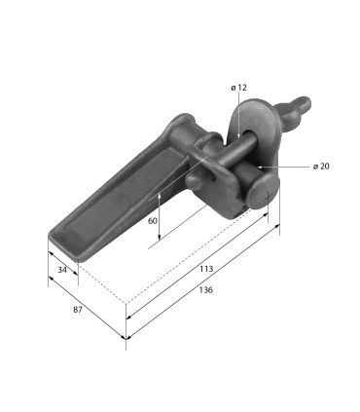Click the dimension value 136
coord(206,290)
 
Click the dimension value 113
coord(206,269)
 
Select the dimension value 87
coord(78,310)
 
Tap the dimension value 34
coord(62,270)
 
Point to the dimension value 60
coord(153,221)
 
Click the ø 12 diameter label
coord(238,88)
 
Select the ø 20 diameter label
coord(321,167)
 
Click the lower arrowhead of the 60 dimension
coord(159,237)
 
